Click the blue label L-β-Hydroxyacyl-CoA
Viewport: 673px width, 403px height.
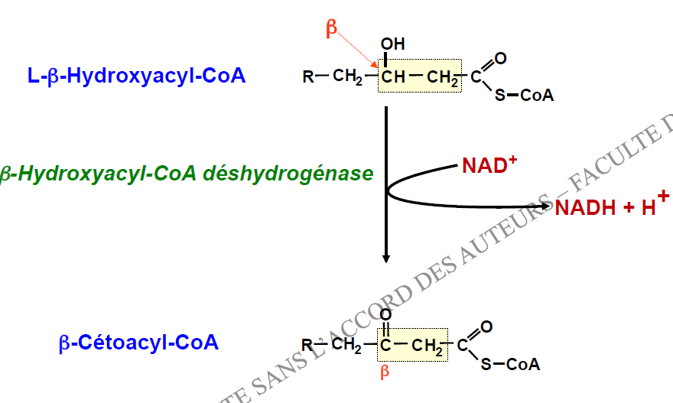(136, 76)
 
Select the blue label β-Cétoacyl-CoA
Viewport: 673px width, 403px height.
(138, 343)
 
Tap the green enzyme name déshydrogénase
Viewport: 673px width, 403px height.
(288, 174)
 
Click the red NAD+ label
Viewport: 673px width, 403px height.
(489, 165)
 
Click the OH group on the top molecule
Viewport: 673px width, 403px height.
(393, 44)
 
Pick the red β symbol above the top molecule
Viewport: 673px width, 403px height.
(331, 29)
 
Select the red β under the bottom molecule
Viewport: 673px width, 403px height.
(385, 372)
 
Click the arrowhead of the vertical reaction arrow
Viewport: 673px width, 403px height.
(386, 258)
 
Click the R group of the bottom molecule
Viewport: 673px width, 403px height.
(307, 345)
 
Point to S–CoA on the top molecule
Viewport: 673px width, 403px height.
(524, 96)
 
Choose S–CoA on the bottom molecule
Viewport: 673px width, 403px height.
(510, 364)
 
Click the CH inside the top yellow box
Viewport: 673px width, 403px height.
(393, 76)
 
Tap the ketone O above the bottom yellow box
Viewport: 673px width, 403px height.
(385, 314)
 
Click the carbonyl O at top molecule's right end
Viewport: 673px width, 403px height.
(500, 58)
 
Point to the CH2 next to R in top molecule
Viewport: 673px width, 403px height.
(348, 76)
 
